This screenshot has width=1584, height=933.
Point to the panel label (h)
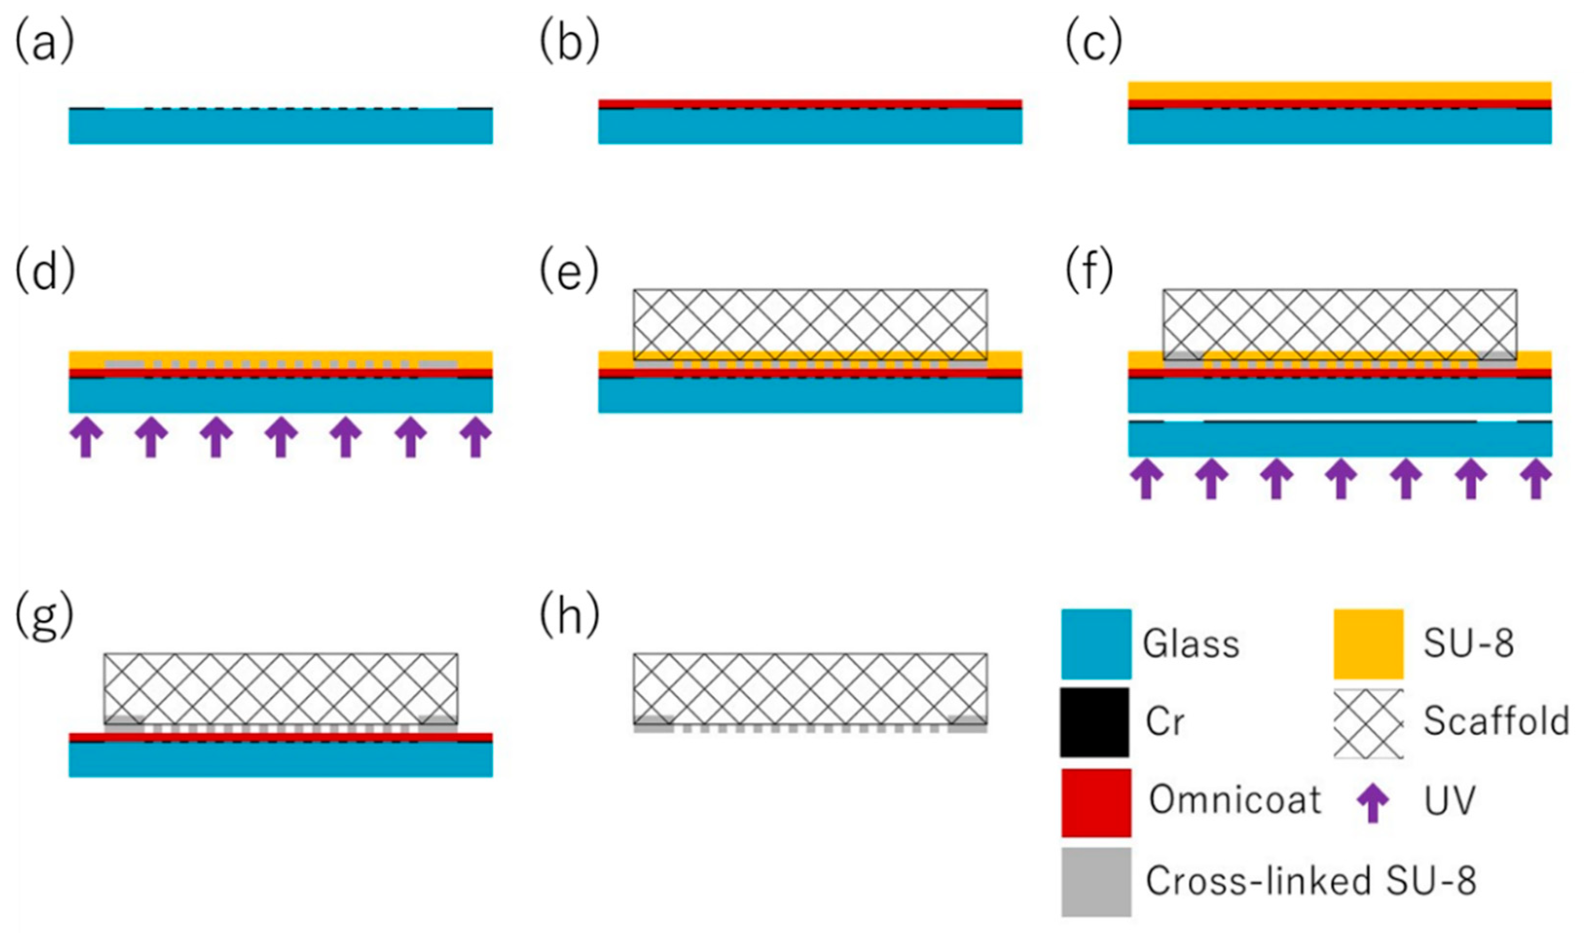coord(569,618)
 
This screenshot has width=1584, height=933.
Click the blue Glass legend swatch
coord(1096,644)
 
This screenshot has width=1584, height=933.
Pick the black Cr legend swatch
coord(1094,722)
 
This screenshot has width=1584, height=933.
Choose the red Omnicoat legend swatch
coord(1096,803)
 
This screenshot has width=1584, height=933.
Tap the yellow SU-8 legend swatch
coord(1368,644)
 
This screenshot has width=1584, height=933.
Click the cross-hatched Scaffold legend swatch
coord(1368,724)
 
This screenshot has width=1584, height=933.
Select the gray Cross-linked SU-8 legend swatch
coord(1096,882)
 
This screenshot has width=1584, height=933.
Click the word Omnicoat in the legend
coord(1235,800)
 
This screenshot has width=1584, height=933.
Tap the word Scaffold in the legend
coord(1496,721)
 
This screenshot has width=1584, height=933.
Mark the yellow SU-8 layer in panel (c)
coord(1340,91)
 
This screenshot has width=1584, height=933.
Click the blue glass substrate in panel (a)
coord(280,127)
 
